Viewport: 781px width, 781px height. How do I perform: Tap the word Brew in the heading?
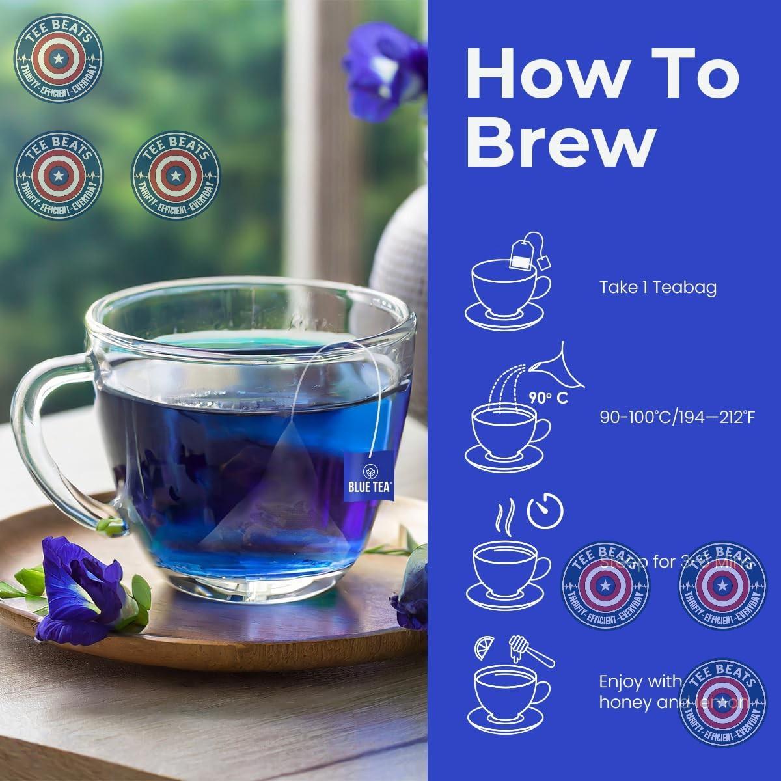[560, 144]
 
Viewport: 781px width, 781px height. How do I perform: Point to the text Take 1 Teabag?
[657, 287]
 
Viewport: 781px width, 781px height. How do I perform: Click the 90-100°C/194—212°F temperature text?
[677, 417]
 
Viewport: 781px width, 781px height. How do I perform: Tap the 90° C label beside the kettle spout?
[547, 398]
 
